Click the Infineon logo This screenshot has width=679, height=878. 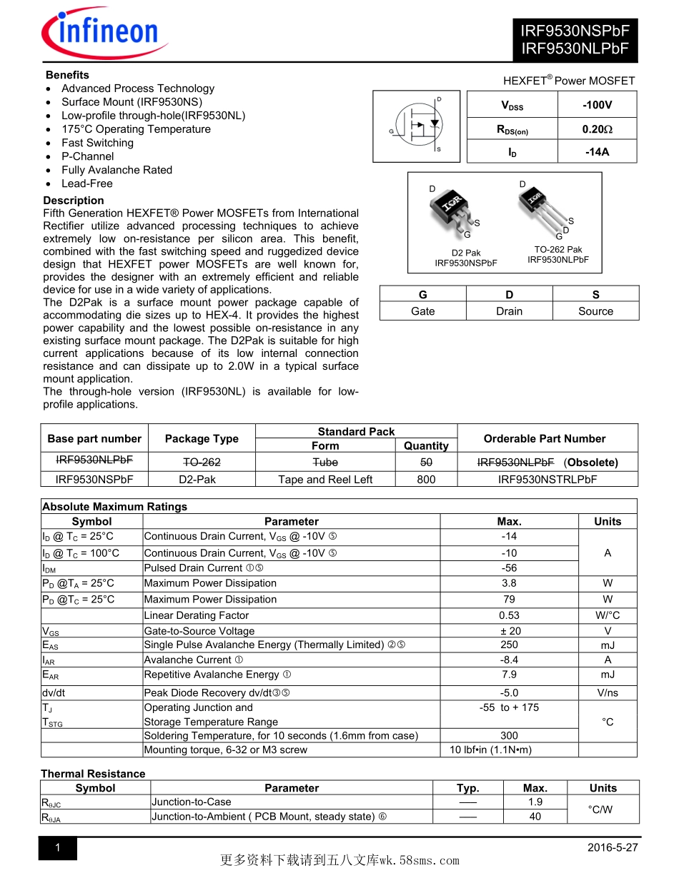tap(104, 31)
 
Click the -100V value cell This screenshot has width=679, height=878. tap(597, 105)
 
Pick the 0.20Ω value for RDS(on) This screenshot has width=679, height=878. tap(597, 129)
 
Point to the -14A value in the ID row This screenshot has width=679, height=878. tap(597, 152)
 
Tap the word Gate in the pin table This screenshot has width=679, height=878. tap(423, 311)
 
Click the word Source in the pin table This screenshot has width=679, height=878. tap(595, 311)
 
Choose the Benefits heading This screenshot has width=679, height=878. tap(67, 75)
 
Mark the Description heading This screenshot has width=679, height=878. tap(74, 201)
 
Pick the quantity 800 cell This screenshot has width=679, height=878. tap(426, 480)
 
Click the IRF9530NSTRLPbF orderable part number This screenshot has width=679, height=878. tap(547, 480)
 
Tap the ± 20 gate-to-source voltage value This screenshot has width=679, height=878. tap(510, 631)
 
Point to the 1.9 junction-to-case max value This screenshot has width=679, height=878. tap(535, 802)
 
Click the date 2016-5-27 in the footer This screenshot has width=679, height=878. tap(613, 847)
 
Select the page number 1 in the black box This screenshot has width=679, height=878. tap(57, 848)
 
